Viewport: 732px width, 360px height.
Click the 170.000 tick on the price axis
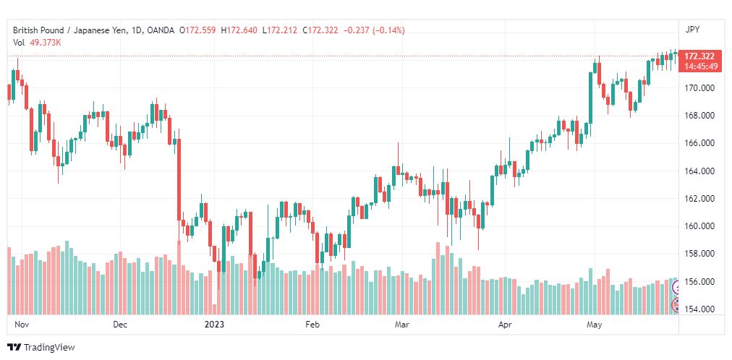coord(699,87)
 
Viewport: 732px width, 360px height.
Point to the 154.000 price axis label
coord(699,309)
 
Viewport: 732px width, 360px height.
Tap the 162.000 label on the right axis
coord(699,199)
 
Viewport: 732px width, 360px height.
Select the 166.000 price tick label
coord(699,143)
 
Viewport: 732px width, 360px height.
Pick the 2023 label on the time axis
coord(214,325)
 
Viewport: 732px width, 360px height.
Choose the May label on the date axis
coord(595,325)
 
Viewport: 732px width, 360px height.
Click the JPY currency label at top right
coord(692,30)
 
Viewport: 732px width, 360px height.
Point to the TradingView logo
coord(41,347)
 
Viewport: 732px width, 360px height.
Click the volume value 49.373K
coord(43,43)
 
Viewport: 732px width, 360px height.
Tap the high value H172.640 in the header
coord(239,30)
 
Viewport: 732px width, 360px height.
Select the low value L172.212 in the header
coord(280,30)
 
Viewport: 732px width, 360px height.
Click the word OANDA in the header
coord(161,30)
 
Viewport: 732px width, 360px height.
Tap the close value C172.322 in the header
coord(320,30)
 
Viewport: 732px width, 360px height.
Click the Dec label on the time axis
coord(121,325)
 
